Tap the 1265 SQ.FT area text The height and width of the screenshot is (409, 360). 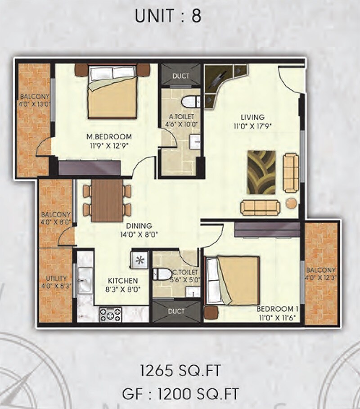tap(180, 372)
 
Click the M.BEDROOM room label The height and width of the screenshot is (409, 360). tap(109, 137)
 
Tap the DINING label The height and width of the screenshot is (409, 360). tap(139, 226)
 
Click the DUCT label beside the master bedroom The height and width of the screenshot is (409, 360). tap(181, 76)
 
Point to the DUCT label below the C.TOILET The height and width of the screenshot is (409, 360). tap(177, 311)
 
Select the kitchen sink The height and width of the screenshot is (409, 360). tap(85, 280)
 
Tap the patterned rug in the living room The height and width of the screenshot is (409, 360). tap(261, 172)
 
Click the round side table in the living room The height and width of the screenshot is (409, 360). tap(292, 203)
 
